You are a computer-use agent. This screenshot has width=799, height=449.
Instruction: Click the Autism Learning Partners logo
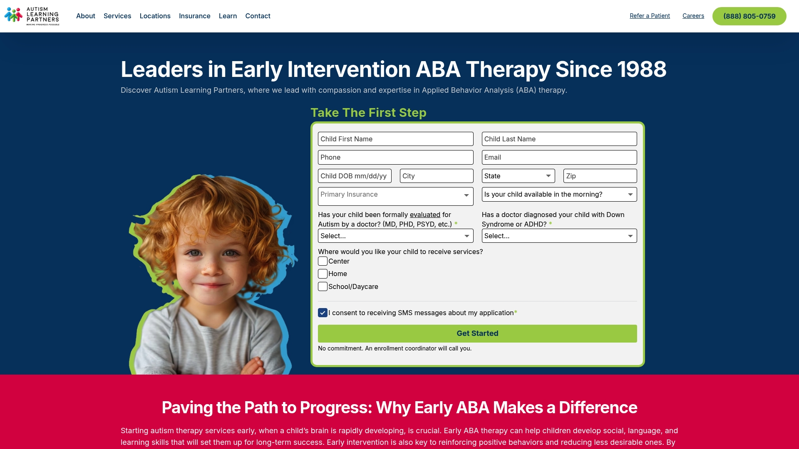(x=32, y=16)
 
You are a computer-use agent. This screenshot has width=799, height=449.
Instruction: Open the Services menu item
(x=117, y=16)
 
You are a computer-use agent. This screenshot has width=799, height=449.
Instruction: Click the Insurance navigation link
(x=195, y=16)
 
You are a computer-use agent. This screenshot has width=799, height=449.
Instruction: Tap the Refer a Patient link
(x=650, y=16)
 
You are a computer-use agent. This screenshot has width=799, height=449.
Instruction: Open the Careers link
(x=693, y=16)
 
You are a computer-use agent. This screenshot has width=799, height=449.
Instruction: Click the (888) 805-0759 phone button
(x=749, y=16)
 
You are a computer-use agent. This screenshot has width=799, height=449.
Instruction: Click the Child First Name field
(x=396, y=139)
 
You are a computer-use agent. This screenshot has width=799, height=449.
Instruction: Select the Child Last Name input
(x=559, y=139)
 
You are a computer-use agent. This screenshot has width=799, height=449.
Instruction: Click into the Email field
(x=559, y=157)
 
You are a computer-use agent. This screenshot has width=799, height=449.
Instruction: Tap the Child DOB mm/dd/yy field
(x=355, y=176)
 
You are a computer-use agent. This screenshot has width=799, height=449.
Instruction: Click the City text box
(x=437, y=176)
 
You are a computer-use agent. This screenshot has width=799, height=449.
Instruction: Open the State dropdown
(x=519, y=176)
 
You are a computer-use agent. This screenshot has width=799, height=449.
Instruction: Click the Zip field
(x=600, y=176)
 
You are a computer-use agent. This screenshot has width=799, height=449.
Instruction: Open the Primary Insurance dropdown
(x=396, y=196)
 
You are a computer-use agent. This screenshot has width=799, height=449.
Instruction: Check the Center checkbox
(x=323, y=261)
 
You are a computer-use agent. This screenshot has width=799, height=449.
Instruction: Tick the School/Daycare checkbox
(x=323, y=286)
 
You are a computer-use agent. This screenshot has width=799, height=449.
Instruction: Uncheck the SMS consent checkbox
(x=323, y=313)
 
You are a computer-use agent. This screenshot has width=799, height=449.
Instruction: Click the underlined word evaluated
(x=425, y=215)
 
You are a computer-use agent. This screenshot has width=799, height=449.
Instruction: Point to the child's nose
(x=212, y=267)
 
